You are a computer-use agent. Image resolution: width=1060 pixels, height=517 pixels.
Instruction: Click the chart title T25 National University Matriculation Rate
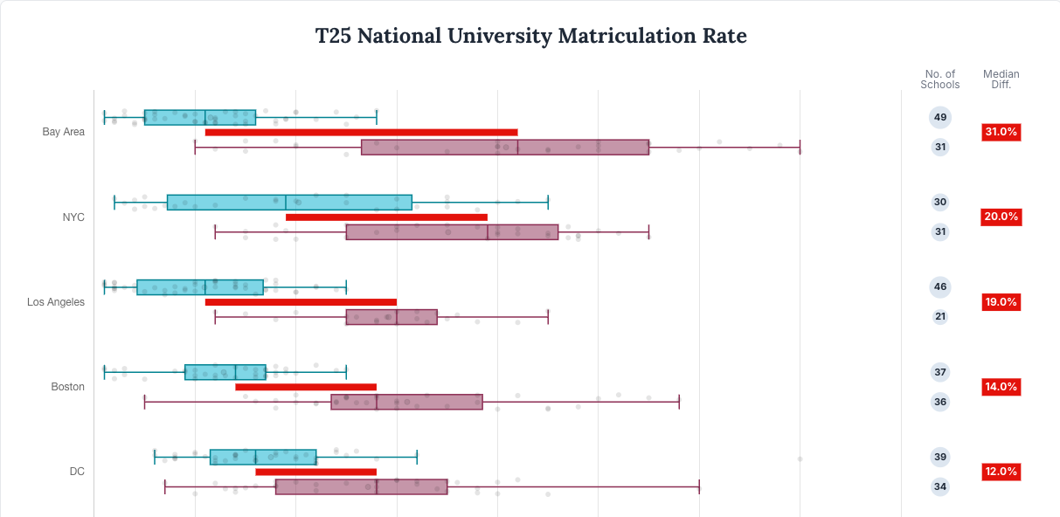530,36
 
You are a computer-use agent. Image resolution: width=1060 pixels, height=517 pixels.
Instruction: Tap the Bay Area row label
64,132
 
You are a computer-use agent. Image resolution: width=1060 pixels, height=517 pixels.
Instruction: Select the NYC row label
73,217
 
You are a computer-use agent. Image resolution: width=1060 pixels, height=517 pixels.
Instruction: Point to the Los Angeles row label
56,302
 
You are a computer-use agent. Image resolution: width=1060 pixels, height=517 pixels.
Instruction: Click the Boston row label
68,387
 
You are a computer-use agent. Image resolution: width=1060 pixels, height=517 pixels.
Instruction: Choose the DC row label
77,472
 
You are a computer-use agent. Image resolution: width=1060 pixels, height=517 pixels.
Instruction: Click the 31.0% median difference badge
1001,132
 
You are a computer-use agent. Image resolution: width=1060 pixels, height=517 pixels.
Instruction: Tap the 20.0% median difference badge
1001,217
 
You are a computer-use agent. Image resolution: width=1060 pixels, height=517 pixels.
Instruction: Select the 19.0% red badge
1001,302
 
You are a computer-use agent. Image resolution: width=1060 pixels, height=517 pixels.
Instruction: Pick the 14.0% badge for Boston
1001,387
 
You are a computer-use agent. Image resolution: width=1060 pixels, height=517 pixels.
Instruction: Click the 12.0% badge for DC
1001,472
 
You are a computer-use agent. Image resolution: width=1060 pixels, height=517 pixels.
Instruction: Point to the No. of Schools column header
939,79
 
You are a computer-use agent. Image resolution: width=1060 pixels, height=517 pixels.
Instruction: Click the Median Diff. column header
1001,79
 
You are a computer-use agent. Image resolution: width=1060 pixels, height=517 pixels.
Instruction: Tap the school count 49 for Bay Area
940,117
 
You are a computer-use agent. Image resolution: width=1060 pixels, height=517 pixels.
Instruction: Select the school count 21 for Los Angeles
940,316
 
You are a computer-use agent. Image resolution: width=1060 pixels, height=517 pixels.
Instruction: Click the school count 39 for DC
940,457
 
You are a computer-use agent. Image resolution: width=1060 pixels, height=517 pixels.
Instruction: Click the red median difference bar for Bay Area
361,133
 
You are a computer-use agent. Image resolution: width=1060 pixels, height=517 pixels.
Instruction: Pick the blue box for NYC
289,203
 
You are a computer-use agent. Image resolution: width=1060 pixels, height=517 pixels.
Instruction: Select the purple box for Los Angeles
391,317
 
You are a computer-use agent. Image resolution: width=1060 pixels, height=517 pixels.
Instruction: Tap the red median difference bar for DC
315,472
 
